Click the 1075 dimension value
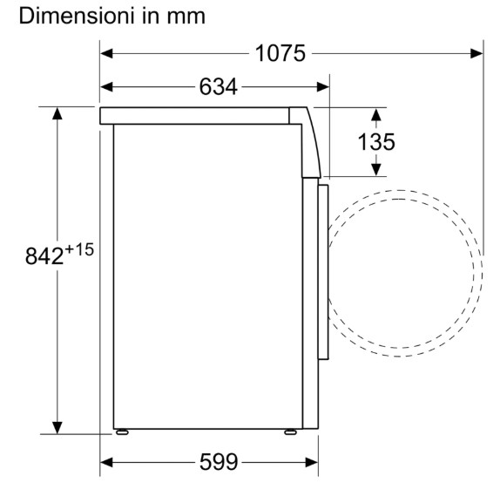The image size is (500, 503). [x=280, y=53]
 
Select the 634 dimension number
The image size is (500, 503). [x=219, y=86]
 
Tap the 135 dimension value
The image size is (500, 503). [x=376, y=142]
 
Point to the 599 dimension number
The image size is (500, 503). [x=219, y=462]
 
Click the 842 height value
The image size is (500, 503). [x=44, y=256]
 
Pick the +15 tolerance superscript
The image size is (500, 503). [x=79, y=249]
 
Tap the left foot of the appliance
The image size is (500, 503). [x=122, y=432]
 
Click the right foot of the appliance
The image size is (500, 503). [x=290, y=432]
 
